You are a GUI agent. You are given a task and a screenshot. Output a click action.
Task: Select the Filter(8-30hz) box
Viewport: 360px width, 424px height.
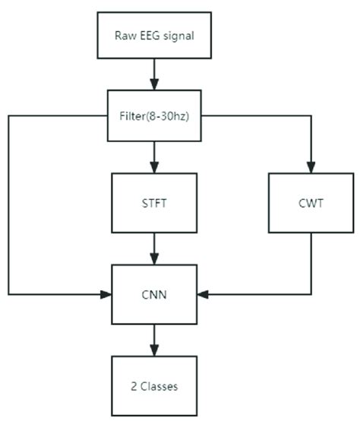(155, 117)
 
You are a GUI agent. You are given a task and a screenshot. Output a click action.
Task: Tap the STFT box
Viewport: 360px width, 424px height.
(155, 202)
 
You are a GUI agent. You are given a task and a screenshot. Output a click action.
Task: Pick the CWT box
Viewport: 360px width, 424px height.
(311, 202)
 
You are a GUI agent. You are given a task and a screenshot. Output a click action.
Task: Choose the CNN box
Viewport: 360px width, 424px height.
(155, 293)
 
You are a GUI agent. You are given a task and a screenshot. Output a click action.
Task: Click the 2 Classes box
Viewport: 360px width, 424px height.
(155, 385)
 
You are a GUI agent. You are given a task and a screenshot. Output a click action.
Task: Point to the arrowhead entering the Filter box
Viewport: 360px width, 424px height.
(155, 85)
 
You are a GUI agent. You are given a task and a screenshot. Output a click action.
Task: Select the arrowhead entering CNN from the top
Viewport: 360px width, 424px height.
(155, 259)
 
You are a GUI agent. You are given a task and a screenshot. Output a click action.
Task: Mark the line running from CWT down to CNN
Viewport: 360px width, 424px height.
(311, 262)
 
